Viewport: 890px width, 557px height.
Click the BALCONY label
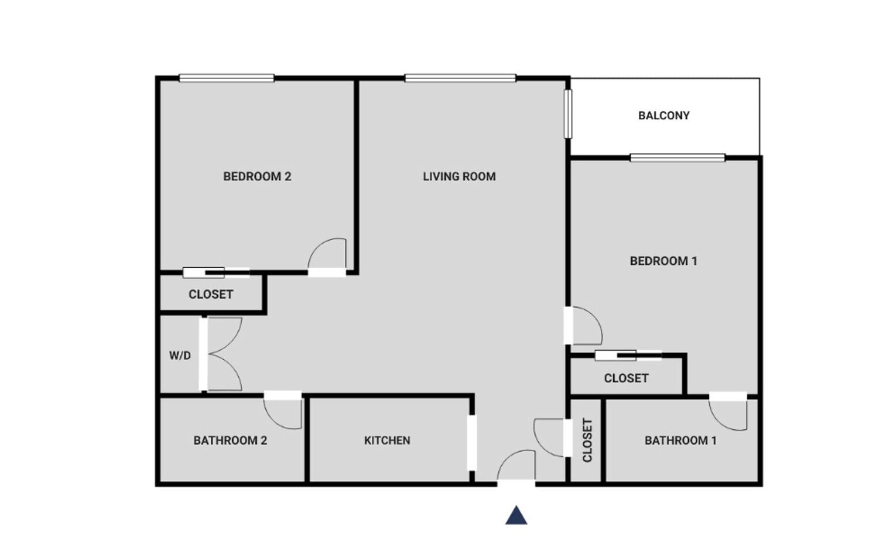[663, 116]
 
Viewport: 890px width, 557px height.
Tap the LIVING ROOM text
[459, 176]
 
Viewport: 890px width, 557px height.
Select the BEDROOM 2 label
[257, 176]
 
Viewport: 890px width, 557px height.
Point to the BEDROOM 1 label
[663, 261]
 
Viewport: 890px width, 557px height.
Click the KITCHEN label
[387, 440]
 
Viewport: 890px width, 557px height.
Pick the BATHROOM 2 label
[230, 440]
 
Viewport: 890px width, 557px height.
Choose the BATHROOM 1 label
[680, 440]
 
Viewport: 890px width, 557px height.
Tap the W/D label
[180, 356]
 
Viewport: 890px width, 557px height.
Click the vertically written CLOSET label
[587, 440]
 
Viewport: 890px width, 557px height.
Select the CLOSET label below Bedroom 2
[211, 295]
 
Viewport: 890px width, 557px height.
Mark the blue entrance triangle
[516, 515]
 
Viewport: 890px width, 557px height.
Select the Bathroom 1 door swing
[719, 422]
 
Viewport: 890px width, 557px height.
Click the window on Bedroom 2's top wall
[227, 78]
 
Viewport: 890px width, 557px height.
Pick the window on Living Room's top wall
[460, 78]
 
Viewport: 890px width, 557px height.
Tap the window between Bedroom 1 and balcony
[678, 158]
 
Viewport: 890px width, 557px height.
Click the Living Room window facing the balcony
[568, 114]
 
